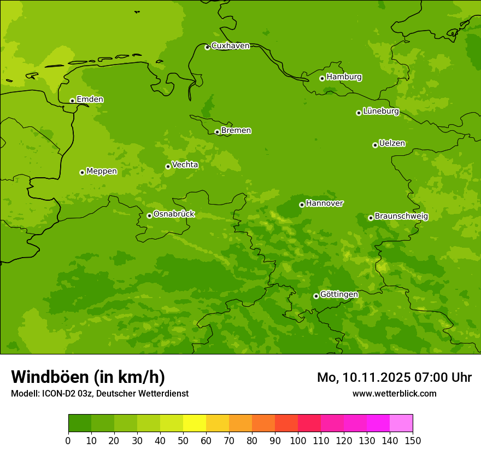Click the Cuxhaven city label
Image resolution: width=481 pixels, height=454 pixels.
tap(230, 46)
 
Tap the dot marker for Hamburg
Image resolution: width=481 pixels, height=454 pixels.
tap(322, 78)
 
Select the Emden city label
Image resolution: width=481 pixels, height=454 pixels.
tap(90, 100)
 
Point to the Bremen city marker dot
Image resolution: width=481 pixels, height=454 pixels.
tap(217, 132)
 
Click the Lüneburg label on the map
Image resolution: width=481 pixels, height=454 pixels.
tap(380, 112)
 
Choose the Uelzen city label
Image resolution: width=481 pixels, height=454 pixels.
tap(392, 144)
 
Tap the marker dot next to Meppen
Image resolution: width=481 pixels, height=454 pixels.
tap(82, 172)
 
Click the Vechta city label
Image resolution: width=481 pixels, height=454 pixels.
tap(185, 165)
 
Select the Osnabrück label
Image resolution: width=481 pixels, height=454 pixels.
tap(174, 214)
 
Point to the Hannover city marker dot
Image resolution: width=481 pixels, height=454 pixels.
tap(302, 205)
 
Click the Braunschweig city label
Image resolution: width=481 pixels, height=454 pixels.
tap(401, 217)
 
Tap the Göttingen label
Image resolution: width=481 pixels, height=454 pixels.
tap(339, 295)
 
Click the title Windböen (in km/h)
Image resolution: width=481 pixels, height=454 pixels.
tap(88, 377)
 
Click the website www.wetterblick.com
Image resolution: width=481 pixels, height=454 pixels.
tap(394, 394)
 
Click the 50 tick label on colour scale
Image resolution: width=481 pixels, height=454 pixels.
tap(183, 440)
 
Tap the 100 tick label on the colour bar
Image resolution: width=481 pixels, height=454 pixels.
tap(298, 440)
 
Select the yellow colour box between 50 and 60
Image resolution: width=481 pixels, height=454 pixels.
tap(195, 423)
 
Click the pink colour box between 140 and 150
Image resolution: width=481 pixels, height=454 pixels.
tap(401, 423)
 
